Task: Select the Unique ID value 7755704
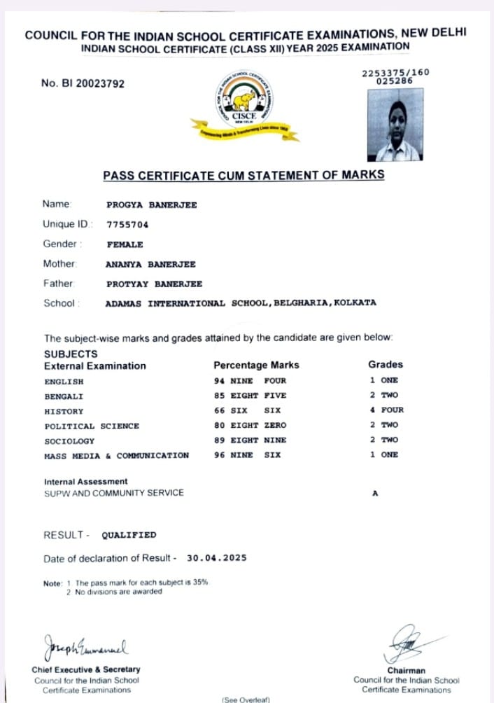click(127, 225)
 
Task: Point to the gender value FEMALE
click(125, 244)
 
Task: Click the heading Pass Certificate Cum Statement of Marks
click(244, 175)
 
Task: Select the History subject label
click(64, 411)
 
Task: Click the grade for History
click(387, 410)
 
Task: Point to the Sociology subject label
click(69, 440)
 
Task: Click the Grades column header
click(386, 365)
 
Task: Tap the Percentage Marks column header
click(256, 365)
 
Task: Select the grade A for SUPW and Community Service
click(375, 493)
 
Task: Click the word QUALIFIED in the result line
click(129, 535)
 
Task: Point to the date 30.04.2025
click(217, 558)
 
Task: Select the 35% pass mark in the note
click(201, 583)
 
